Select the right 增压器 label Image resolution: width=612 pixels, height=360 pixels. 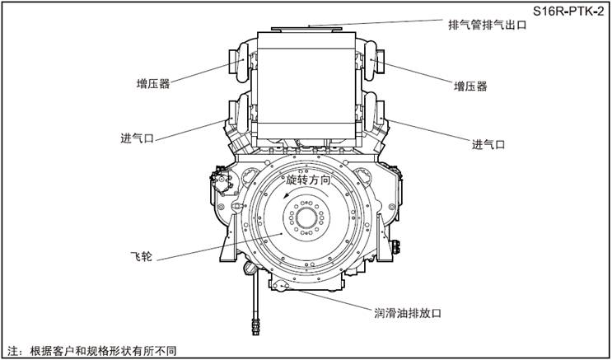(x=470, y=86)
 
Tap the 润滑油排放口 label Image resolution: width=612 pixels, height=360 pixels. (x=409, y=313)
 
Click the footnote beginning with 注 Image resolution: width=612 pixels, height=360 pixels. (x=92, y=349)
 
